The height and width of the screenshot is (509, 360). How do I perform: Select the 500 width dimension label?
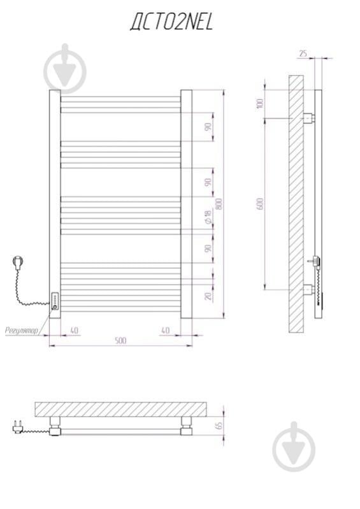point(120,341)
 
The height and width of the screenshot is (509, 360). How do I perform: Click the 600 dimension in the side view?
point(260,203)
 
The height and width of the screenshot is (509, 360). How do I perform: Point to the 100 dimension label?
point(260,104)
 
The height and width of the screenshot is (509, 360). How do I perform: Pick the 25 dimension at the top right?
point(303,54)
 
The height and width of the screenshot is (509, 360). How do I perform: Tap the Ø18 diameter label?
point(208,217)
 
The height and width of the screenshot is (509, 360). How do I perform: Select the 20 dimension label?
point(208,296)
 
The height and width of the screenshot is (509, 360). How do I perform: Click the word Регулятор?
point(22,331)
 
